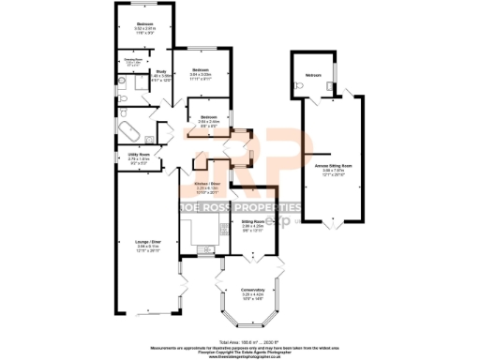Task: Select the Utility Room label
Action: (x=138, y=157)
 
